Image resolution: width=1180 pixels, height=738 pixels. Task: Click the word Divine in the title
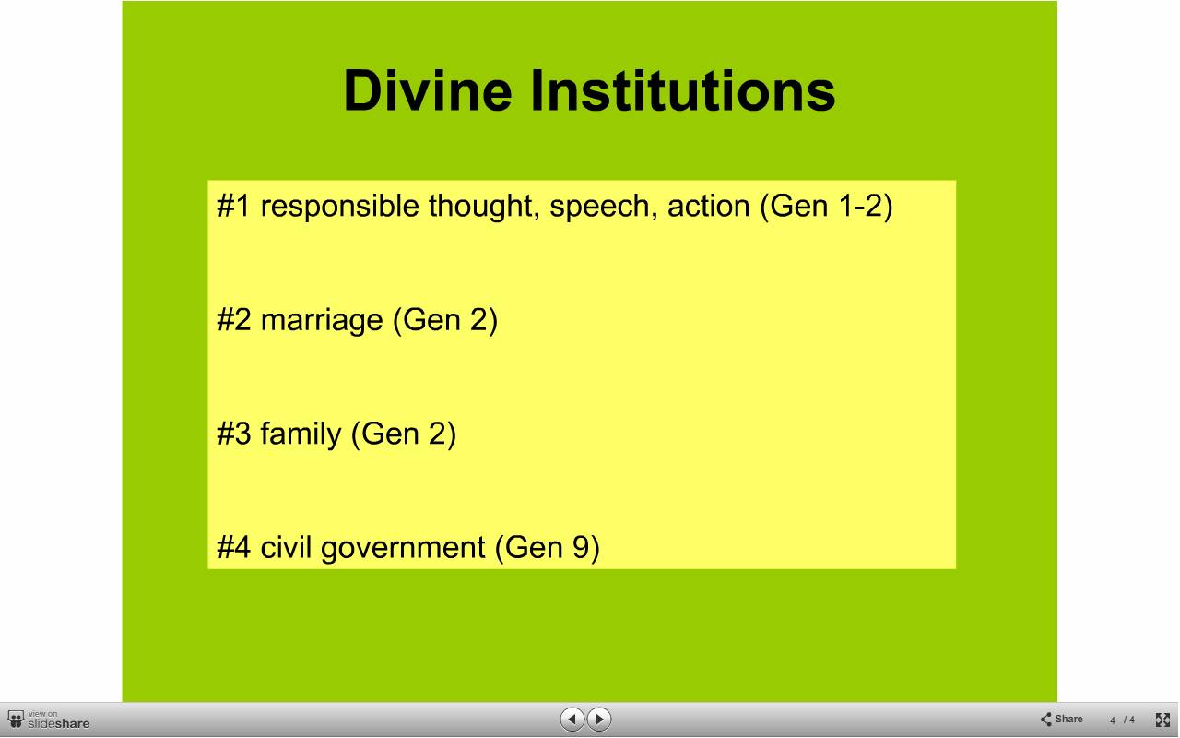click(427, 90)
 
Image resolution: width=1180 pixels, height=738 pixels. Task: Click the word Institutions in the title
click(683, 90)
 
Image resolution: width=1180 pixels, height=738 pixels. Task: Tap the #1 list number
click(233, 205)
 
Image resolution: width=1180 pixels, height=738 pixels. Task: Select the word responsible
click(340, 206)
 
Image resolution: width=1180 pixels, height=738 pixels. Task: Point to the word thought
click(484, 206)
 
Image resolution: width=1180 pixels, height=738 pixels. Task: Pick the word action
click(709, 206)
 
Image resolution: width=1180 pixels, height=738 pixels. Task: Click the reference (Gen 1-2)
click(826, 206)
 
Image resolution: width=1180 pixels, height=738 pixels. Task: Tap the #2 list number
click(233, 319)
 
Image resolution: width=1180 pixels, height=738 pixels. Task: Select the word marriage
click(322, 321)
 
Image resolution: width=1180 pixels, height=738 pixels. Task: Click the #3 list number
click(233, 434)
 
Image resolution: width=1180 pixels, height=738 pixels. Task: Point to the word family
click(301, 434)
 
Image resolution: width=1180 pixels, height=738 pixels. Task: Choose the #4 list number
click(233, 547)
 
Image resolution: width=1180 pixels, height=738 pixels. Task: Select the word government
click(403, 549)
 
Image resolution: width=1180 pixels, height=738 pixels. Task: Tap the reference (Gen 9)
click(547, 548)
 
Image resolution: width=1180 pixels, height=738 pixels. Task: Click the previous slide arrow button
click(572, 719)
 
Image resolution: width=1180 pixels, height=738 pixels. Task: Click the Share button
click(1061, 719)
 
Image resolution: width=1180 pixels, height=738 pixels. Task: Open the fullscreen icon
click(1162, 720)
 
